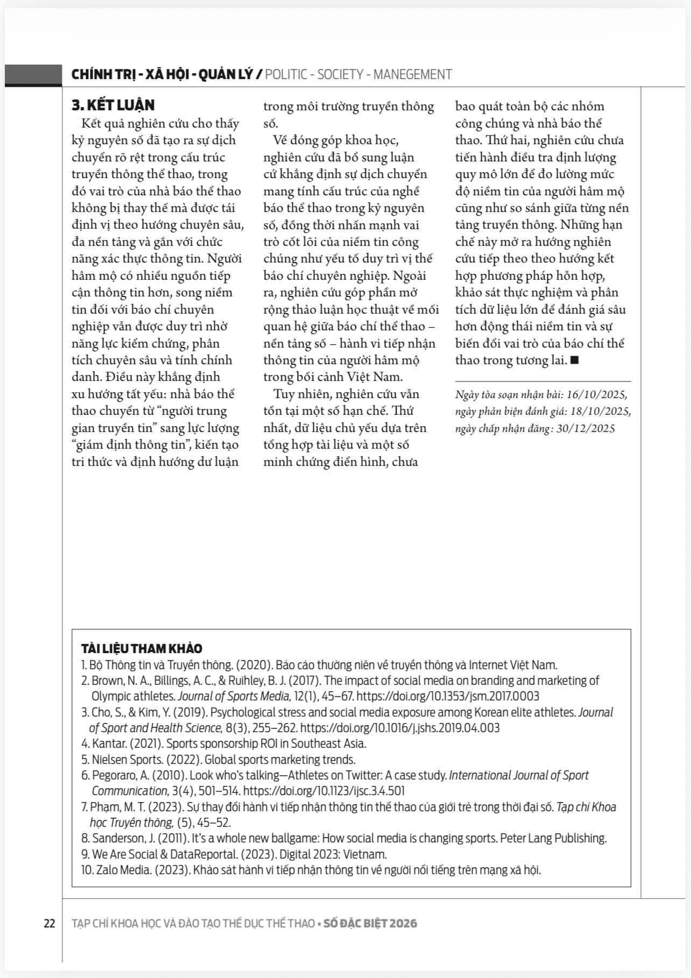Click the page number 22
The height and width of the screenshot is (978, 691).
[x=49, y=923]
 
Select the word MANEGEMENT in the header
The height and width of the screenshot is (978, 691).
[x=413, y=74]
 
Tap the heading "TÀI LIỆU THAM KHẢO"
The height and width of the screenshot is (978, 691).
[x=142, y=648]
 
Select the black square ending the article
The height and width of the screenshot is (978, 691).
[x=574, y=360]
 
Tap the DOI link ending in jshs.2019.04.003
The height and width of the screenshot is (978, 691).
[x=399, y=728]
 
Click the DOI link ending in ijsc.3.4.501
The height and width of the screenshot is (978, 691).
[x=324, y=791]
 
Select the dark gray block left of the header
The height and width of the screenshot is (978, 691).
[x=33, y=75]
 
